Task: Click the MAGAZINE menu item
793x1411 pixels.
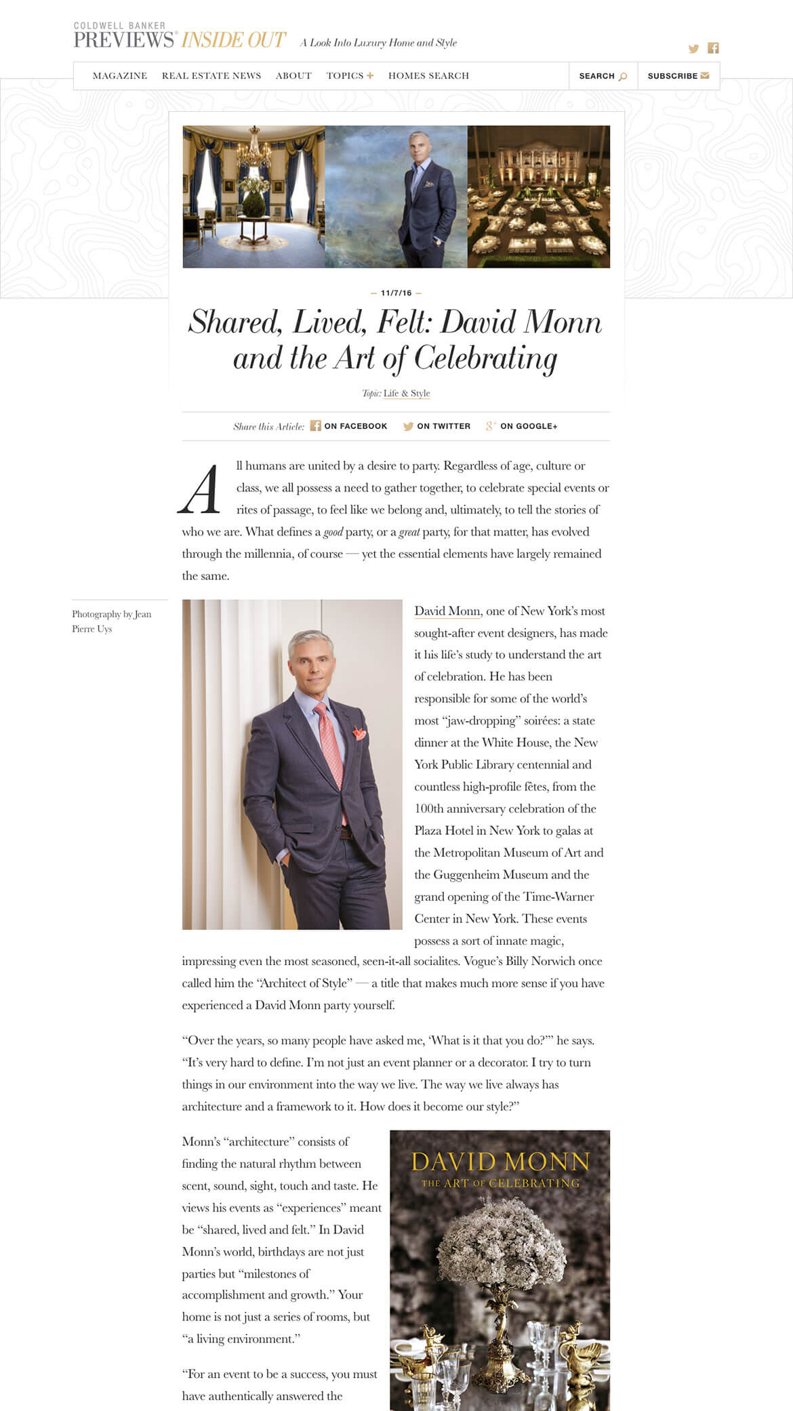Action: pyautogui.click(x=120, y=76)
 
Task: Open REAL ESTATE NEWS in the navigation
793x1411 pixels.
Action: pyautogui.click(x=211, y=76)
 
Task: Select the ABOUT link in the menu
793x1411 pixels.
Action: pyautogui.click(x=293, y=76)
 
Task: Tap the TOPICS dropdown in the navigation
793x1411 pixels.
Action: pyautogui.click(x=349, y=76)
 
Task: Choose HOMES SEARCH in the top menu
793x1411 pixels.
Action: pyautogui.click(x=428, y=76)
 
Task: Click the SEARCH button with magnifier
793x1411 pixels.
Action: pyautogui.click(x=603, y=76)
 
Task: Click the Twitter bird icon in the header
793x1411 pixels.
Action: pyautogui.click(x=693, y=49)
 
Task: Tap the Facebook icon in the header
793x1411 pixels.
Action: pyautogui.click(x=713, y=48)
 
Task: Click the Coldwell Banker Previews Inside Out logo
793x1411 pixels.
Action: pyautogui.click(x=180, y=37)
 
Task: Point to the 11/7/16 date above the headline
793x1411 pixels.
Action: pyautogui.click(x=396, y=293)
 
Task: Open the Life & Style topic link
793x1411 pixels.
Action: pyautogui.click(x=407, y=393)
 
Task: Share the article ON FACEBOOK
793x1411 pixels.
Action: pyautogui.click(x=349, y=426)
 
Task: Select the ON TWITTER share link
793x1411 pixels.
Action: pyautogui.click(x=437, y=426)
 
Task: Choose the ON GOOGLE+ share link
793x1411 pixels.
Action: pyautogui.click(x=522, y=426)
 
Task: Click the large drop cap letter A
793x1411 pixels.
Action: pyautogui.click(x=200, y=489)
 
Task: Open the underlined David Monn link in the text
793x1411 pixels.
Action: pyautogui.click(x=447, y=611)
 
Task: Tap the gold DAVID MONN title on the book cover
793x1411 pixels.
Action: pyautogui.click(x=500, y=1162)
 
